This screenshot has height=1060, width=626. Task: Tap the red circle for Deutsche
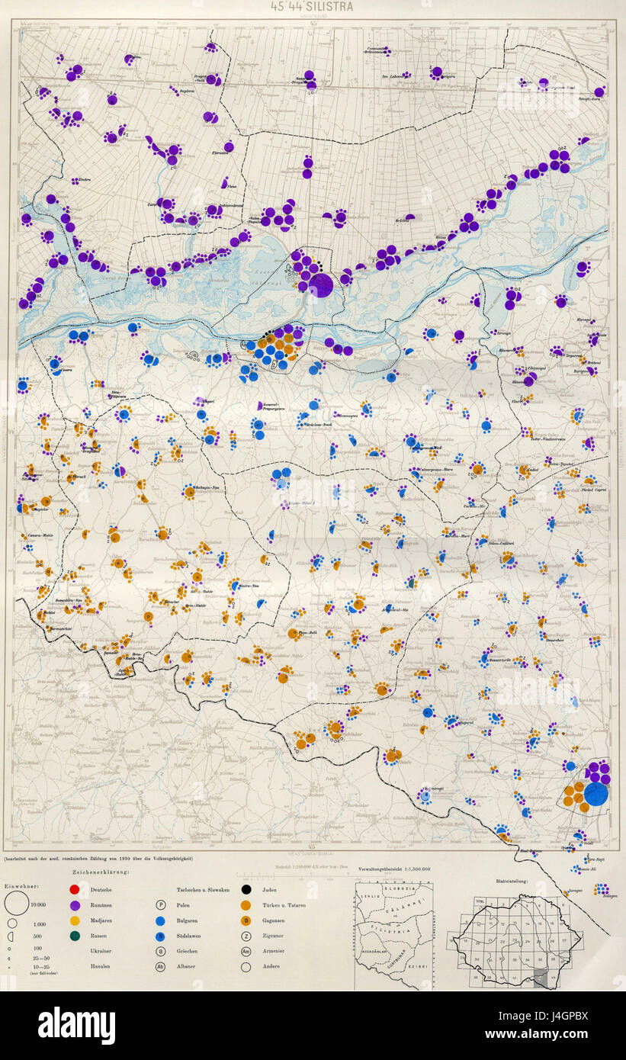click(x=74, y=890)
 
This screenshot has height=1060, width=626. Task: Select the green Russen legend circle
click(x=74, y=936)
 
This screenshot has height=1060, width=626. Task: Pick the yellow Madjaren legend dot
click(x=74, y=920)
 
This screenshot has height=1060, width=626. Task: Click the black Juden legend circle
click(x=246, y=890)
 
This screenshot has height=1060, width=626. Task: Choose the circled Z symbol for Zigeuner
click(x=246, y=936)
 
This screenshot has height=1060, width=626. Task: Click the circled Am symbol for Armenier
click(x=246, y=951)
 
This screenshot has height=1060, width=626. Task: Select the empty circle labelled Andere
click(x=246, y=966)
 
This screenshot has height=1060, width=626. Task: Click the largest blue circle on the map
click(x=596, y=794)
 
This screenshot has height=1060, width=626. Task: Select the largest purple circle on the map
click(x=321, y=285)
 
